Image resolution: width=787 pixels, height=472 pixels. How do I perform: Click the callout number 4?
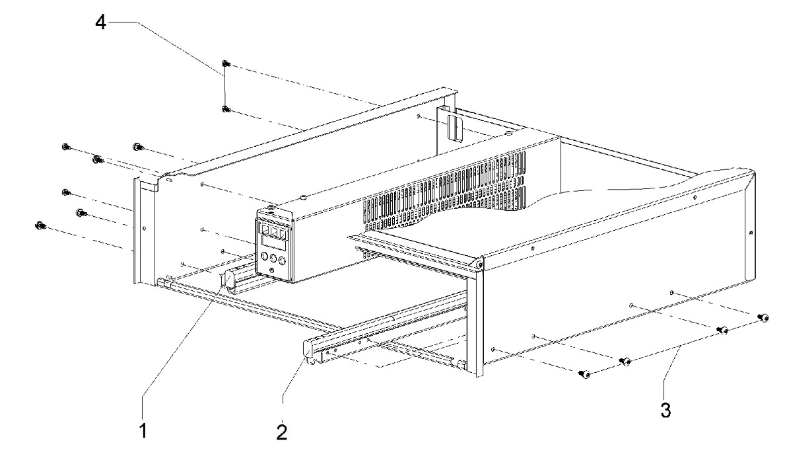pos(101,22)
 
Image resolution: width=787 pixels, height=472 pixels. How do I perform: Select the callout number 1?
pos(143,430)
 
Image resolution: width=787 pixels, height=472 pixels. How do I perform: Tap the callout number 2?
pos(282,432)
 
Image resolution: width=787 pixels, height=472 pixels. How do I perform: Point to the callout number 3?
pos(666,410)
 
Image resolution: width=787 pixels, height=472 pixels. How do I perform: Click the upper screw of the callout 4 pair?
pos(225,64)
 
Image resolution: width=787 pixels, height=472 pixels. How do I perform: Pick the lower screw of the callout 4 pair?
pos(226,108)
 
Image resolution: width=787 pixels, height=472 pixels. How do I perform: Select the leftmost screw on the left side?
pos(40,225)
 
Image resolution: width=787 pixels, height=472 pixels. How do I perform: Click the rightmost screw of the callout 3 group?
pos(763,317)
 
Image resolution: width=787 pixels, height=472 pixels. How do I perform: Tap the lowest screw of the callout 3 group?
pos(584,374)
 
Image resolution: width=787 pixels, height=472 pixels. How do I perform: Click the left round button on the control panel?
pos(265,257)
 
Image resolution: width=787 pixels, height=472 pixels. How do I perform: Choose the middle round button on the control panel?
pos(274,259)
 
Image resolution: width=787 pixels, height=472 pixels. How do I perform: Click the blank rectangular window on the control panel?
pos(273,243)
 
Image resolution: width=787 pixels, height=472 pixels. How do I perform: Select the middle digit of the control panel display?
pos(274,231)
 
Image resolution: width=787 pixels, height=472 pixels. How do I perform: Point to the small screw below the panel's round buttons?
pos(271,270)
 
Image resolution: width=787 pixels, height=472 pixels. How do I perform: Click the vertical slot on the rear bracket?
pos(454,129)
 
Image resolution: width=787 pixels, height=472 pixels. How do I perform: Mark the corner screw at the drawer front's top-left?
pos(480,263)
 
